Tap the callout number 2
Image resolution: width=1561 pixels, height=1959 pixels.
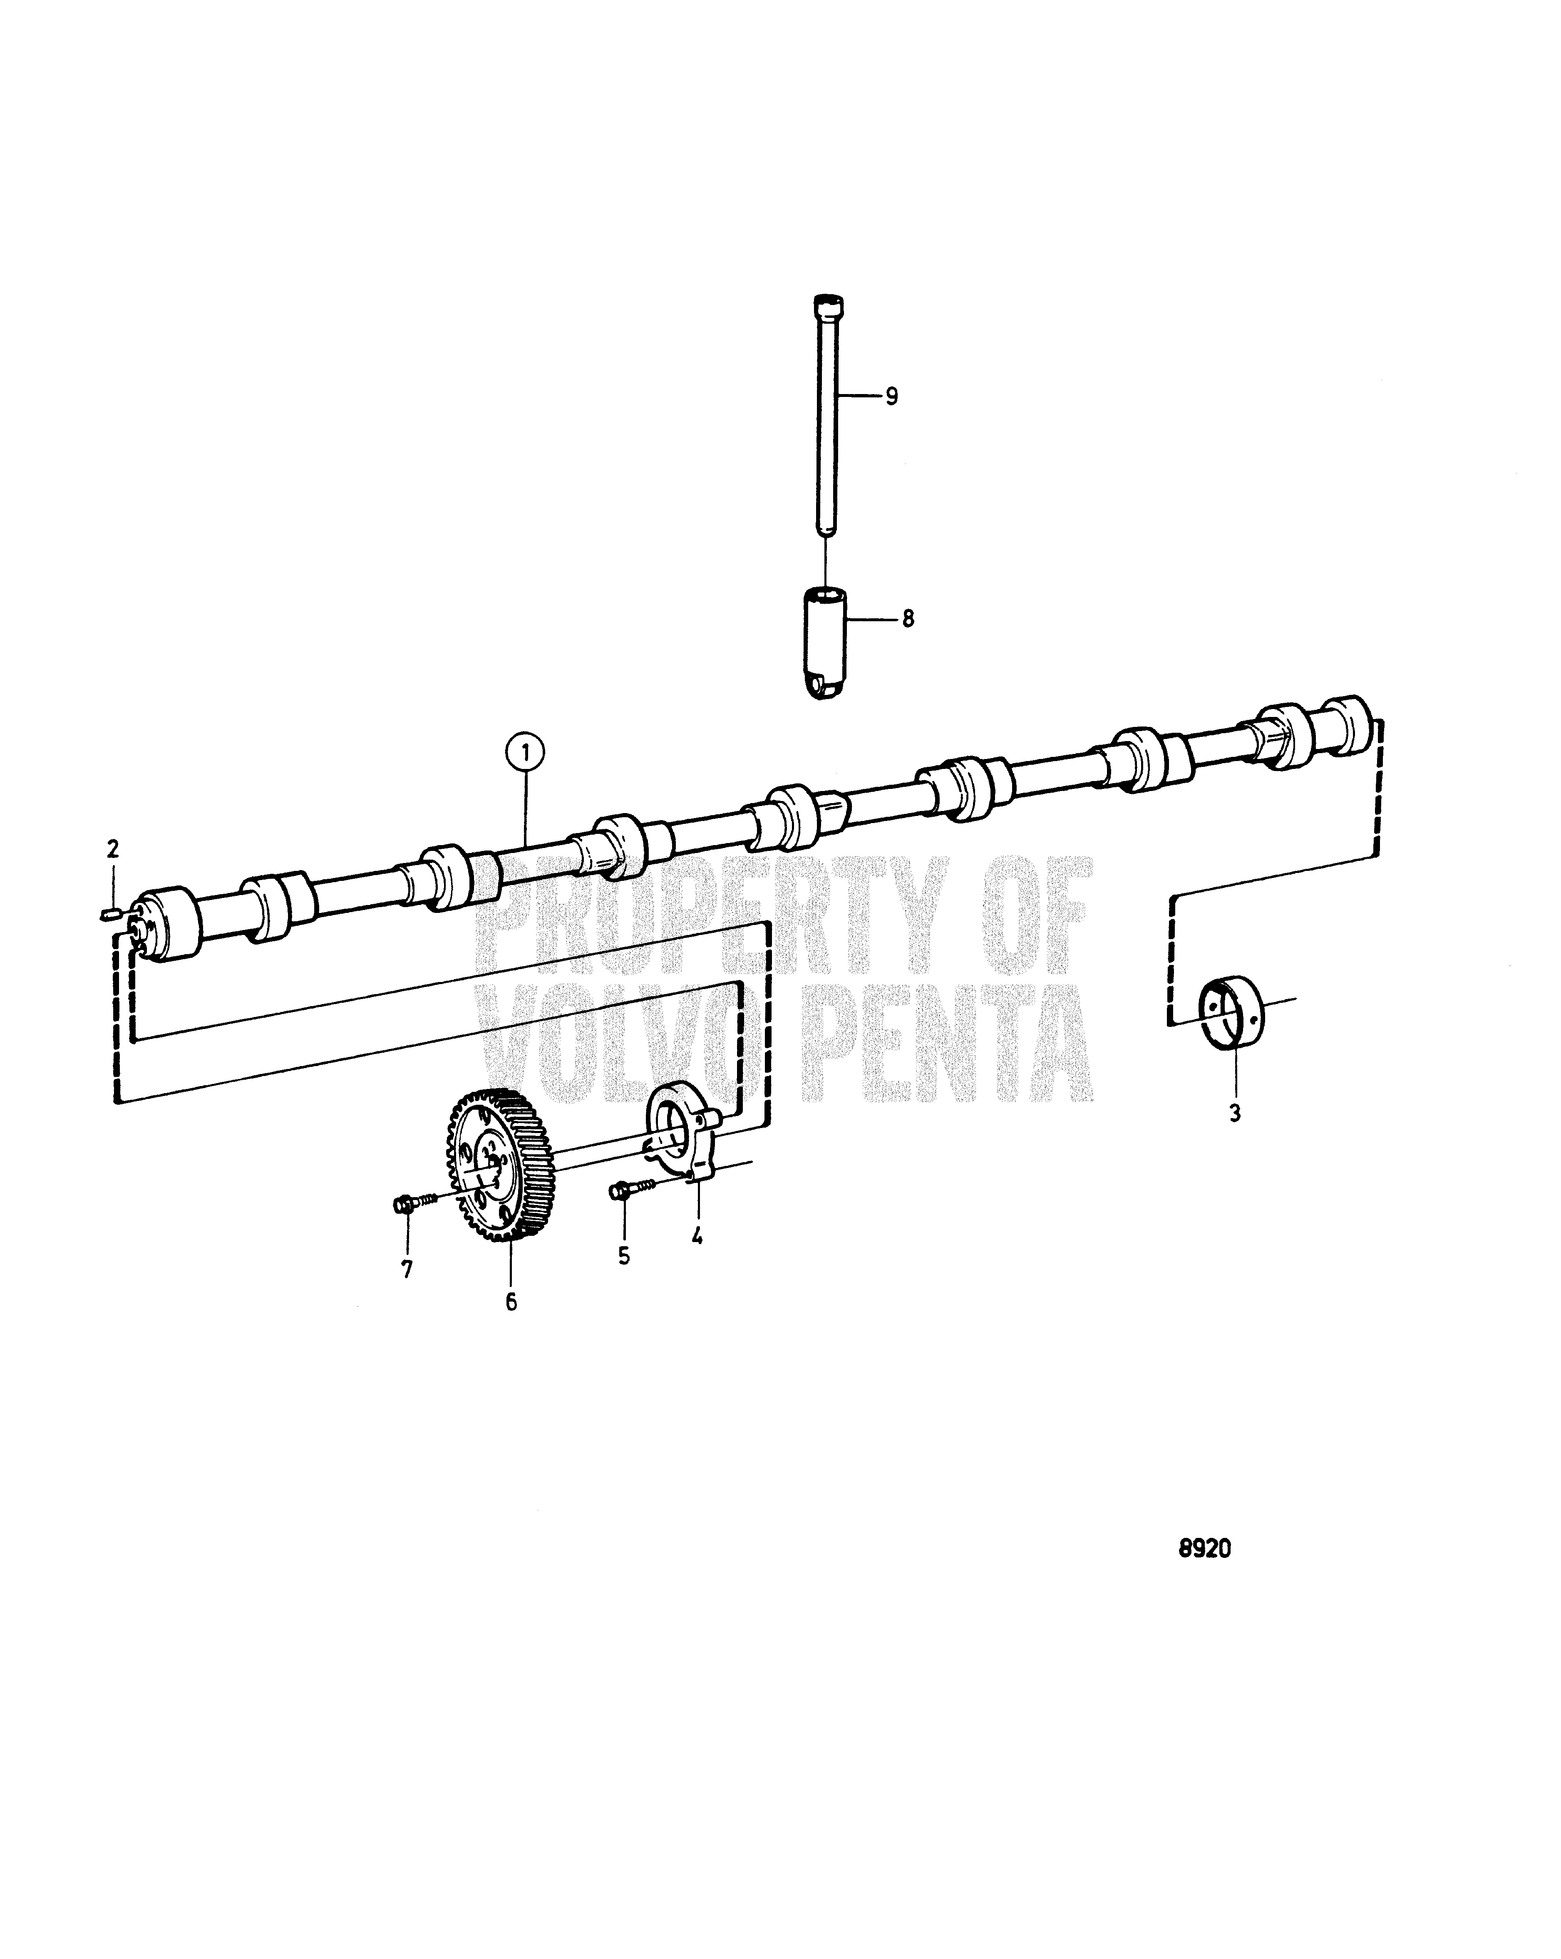[113, 850]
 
